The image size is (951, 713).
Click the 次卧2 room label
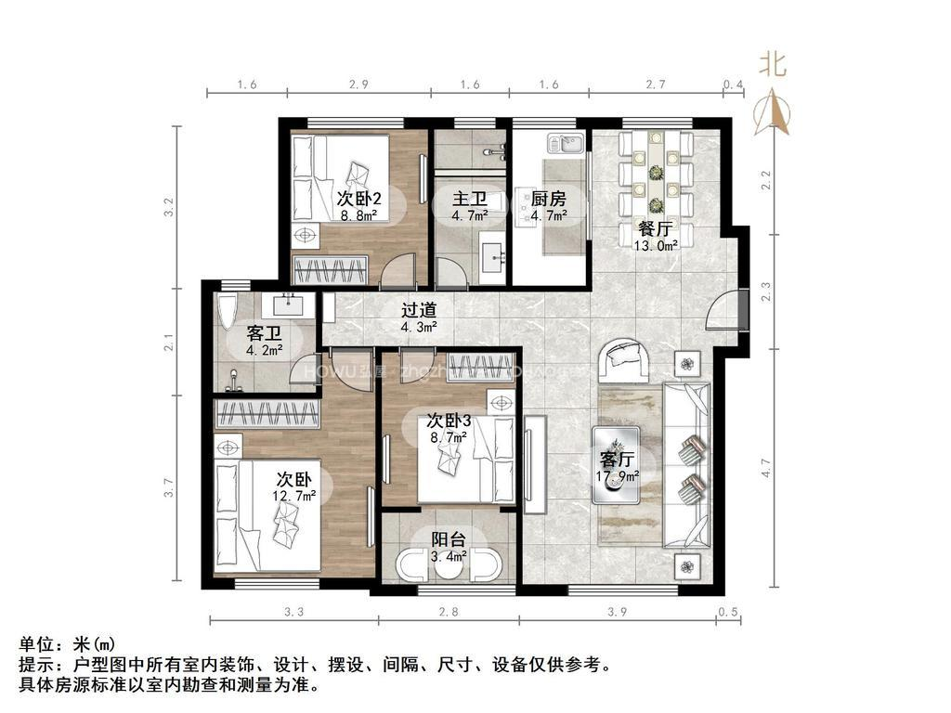(x=358, y=198)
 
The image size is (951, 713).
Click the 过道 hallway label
(x=418, y=310)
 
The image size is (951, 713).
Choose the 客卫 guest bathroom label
(x=264, y=334)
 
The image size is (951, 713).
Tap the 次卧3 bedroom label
(x=449, y=421)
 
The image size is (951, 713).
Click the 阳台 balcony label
(x=449, y=539)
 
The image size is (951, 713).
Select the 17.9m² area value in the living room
(x=618, y=477)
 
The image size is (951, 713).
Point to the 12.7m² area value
(x=294, y=496)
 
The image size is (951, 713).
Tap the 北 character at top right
(x=774, y=63)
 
